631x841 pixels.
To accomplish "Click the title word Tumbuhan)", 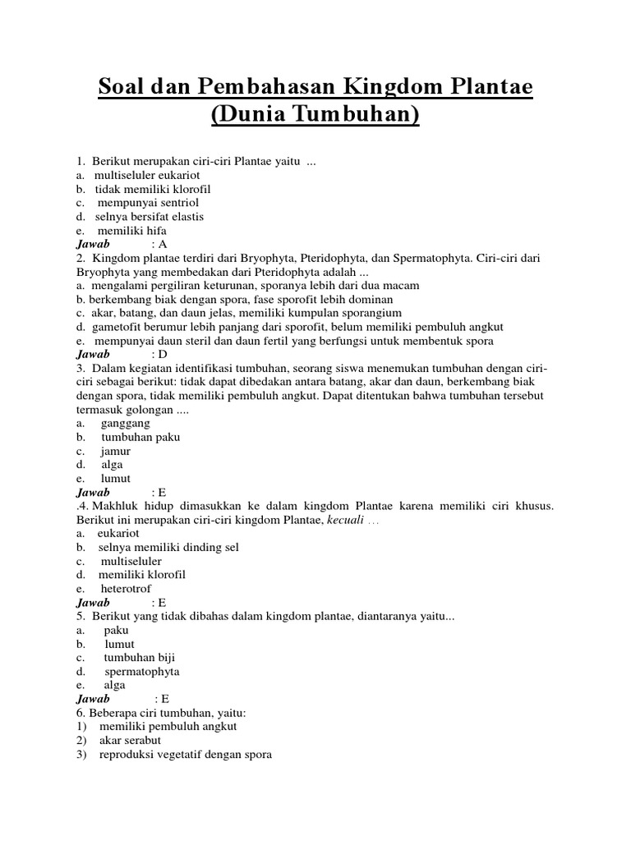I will click(357, 115).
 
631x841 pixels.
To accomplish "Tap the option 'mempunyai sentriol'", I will click(148, 202).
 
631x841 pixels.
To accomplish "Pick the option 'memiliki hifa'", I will click(131, 231).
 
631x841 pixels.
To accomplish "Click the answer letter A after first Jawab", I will click(163, 244).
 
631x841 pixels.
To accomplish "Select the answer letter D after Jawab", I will click(163, 355).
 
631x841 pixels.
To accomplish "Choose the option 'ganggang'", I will click(125, 423).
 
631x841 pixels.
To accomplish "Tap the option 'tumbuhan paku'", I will click(140, 437).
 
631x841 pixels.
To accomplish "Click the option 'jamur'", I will click(116, 451).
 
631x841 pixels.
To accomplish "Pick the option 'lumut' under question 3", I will click(116, 478).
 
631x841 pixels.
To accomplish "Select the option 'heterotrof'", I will click(126, 589).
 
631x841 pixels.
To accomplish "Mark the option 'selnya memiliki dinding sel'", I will click(168, 547).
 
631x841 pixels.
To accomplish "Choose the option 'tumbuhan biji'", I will click(139, 658).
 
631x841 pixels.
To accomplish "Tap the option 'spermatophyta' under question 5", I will click(141, 672).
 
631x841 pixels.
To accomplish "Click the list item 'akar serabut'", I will click(130, 741).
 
